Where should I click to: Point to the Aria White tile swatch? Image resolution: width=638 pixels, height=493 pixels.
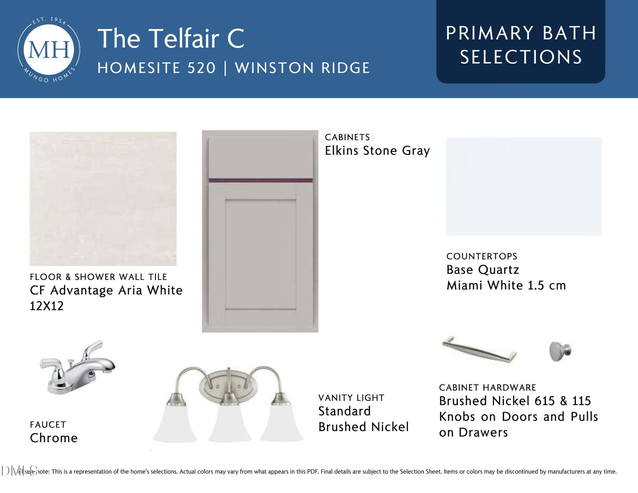click(x=103, y=199)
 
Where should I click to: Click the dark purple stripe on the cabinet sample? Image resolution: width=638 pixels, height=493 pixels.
click(x=261, y=180)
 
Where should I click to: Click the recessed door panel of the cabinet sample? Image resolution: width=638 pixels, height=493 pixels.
click(x=261, y=254)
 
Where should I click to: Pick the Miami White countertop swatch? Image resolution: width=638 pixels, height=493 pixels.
click(x=524, y=186)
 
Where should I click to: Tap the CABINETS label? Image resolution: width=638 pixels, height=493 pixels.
click(x=347, y=137)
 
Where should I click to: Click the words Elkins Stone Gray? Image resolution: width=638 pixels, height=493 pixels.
click(x=377, y=151)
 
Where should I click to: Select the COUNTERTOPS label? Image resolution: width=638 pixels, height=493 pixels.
click(x=482, y=256)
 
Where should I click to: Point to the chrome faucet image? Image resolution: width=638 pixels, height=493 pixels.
click(x=78, y=367)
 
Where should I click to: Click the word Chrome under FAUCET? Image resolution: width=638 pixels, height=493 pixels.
click(x=54, y=438)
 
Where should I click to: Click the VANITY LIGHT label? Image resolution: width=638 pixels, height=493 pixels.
click(x=351, y=398)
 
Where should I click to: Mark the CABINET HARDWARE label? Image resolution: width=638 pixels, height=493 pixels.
click(x=487, y=388)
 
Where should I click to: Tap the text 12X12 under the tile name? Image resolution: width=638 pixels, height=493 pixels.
click(x=47, y=306)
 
